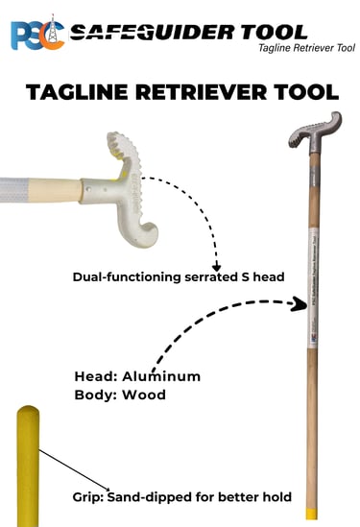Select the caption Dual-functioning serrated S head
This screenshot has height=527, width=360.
179,278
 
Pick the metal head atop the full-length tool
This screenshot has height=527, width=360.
315,131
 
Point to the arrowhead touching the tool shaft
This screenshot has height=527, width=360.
300,303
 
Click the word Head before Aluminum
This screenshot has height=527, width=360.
95,375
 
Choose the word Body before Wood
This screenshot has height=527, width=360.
95,395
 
